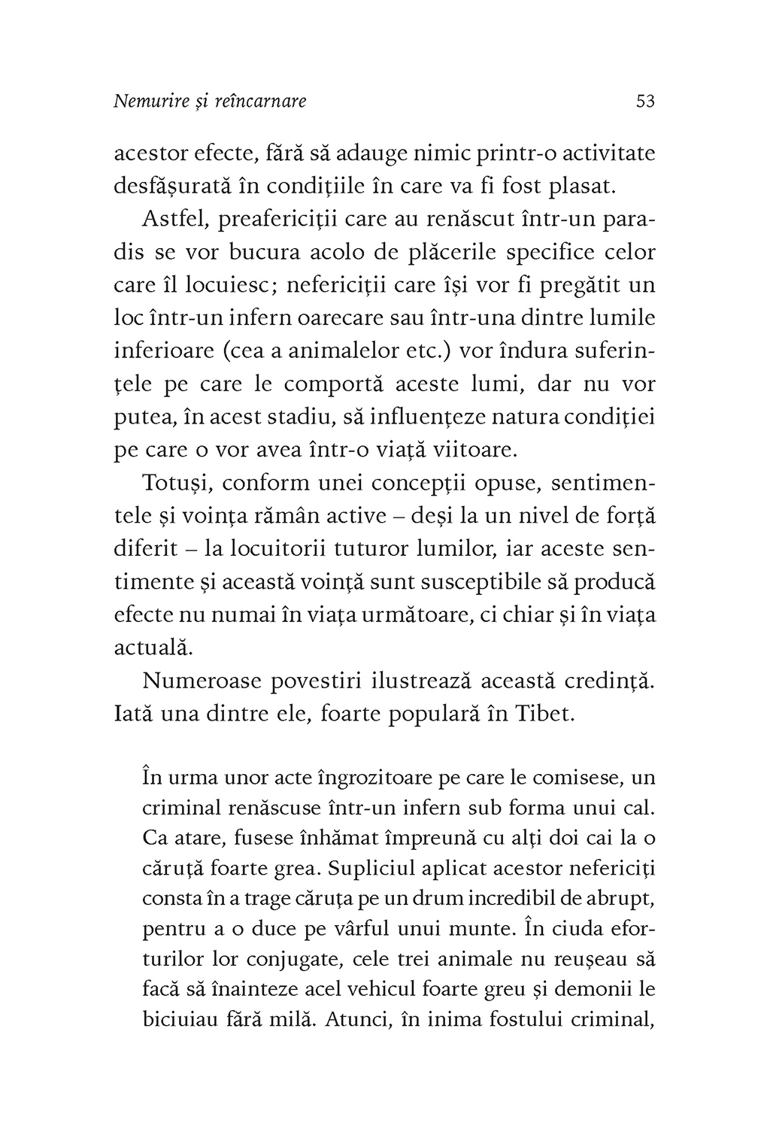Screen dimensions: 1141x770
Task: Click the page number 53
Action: click(x=645, y=101)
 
